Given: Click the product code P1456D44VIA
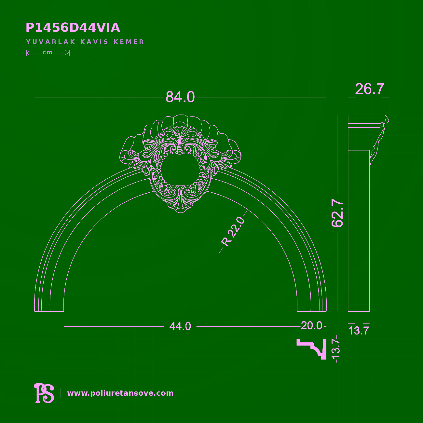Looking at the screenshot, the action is pyautogui.click(x=73, y=28).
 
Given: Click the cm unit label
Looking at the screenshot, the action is pyautogui.click(x=48, y=52).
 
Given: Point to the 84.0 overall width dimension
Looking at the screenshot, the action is pyautogui.click(x=180, y=97).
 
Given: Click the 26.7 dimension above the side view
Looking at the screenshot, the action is pyautogui.click(x=369, y=89).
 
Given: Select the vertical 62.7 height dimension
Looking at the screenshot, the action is pyautogui.click(x=337, y=213).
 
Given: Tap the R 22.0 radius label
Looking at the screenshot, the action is pyautogui.click(x=233, y=232).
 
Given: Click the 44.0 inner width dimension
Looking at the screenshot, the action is pyautogui.click(x=180, y=326).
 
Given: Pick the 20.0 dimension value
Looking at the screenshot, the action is pyautogui.click(x=311, y=325).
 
